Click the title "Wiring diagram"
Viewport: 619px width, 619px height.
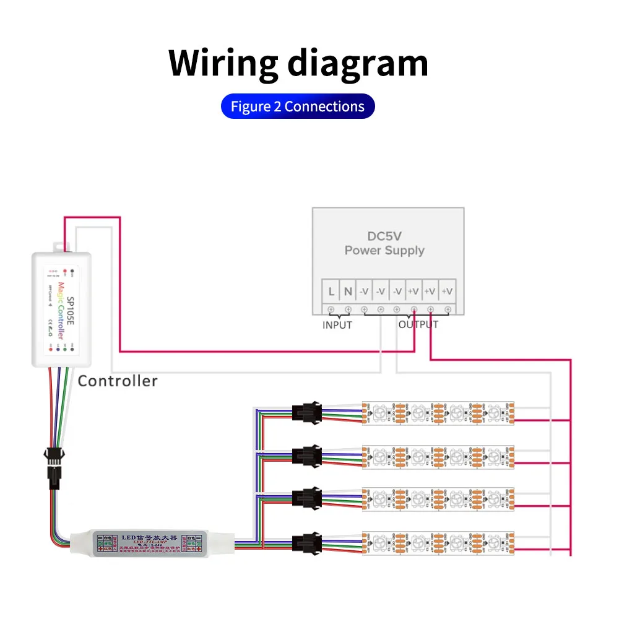tap(298, 63)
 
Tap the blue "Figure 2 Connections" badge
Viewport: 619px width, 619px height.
tap(298, 106)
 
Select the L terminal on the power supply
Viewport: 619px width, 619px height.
tap(331, 291)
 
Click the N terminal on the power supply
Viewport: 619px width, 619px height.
tap(348, 291)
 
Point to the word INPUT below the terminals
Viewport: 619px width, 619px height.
tap(337, 325)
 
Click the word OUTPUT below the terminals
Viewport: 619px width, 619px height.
tap(418, 325)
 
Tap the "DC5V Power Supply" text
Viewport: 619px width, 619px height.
tap(384, 243)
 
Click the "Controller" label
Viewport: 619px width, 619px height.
tap(118, 381)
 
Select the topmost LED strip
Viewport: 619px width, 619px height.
tap(438, 413)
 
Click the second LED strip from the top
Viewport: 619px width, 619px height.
tap(438, 456)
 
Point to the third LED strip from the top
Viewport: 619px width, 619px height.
tap(438, 498)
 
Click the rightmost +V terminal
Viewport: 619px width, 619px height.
tap(447, 291)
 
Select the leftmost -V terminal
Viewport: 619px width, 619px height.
tap(364, 291)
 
